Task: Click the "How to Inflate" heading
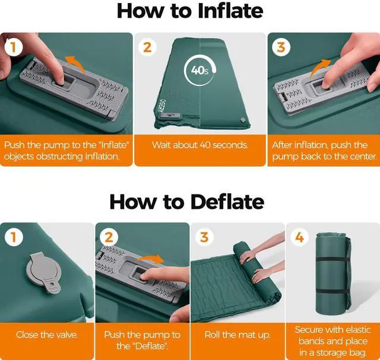point(190,11)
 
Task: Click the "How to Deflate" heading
point(186,202)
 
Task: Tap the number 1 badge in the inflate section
point(14,47)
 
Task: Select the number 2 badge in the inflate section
point(147,47)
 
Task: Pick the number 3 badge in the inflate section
point(281,47)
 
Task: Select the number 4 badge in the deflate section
point(299,237)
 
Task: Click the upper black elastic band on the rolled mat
point(333,260)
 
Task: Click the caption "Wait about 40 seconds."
point(200,145)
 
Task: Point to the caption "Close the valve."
point(47,335)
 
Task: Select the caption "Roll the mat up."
point(237,335)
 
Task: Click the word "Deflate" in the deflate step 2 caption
point(150,346)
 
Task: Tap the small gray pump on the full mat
point(170,116)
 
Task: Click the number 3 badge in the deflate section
point(204,237)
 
